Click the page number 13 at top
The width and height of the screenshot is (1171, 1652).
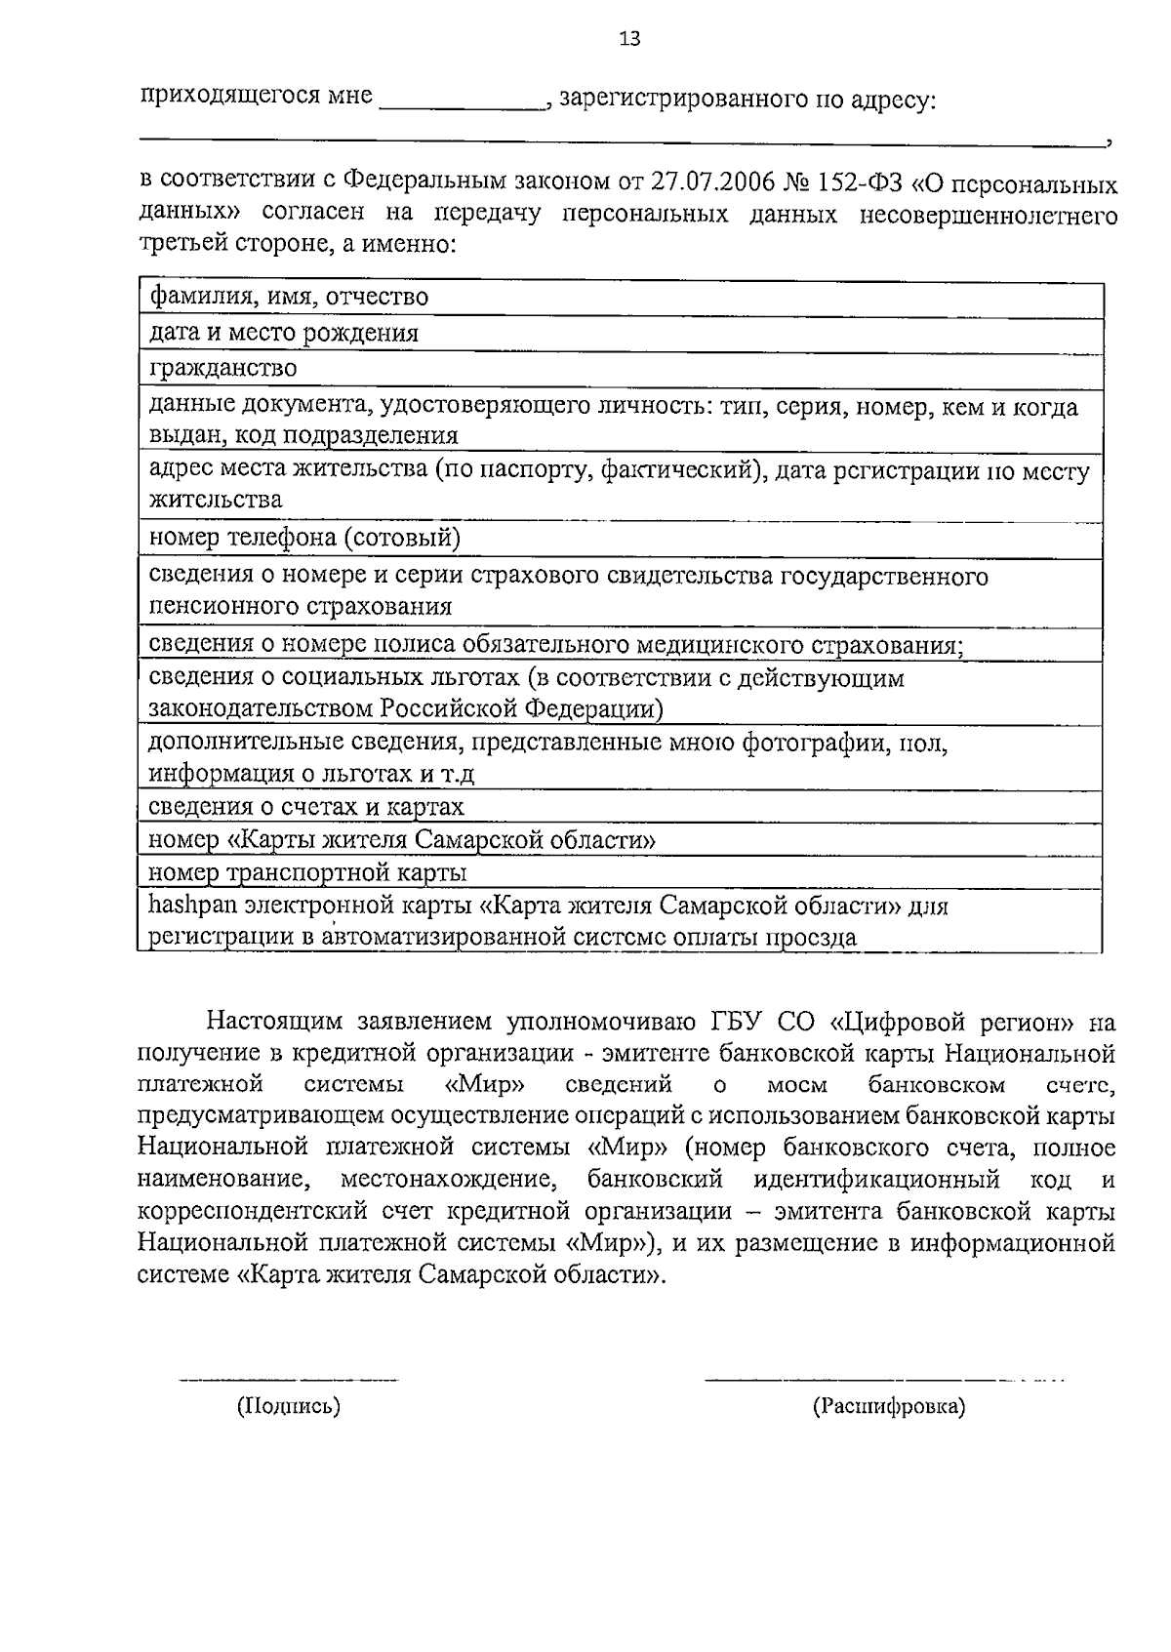coord(629,39)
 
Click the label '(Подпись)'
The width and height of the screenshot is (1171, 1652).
coord(289,1407)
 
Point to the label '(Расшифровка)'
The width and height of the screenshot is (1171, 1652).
coord(888,1407)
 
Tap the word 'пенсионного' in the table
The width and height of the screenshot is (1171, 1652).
coord(223,607)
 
